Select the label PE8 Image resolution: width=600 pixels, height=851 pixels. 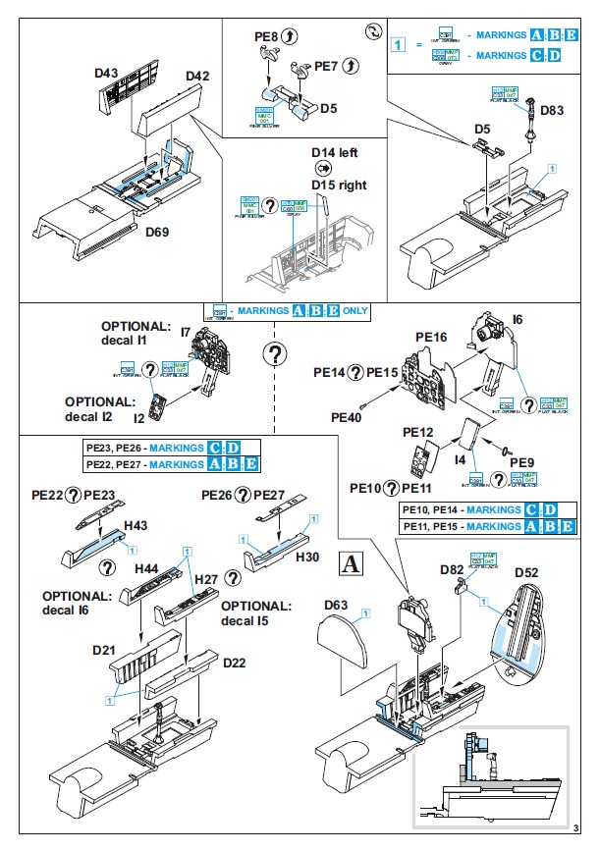click(266, 37)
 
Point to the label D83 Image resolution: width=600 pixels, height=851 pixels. click(552, 111)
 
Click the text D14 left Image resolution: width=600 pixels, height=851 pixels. click(336, 153)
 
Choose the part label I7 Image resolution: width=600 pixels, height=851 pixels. click(185, 333)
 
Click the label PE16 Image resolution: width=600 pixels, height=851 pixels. click(431, 338)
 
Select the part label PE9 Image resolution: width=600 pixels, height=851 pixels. click(522, 461)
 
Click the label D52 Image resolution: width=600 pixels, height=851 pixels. click(525, 572)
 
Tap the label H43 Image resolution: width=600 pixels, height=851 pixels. click(136, 527)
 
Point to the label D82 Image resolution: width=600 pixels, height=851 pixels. click(453, 569)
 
